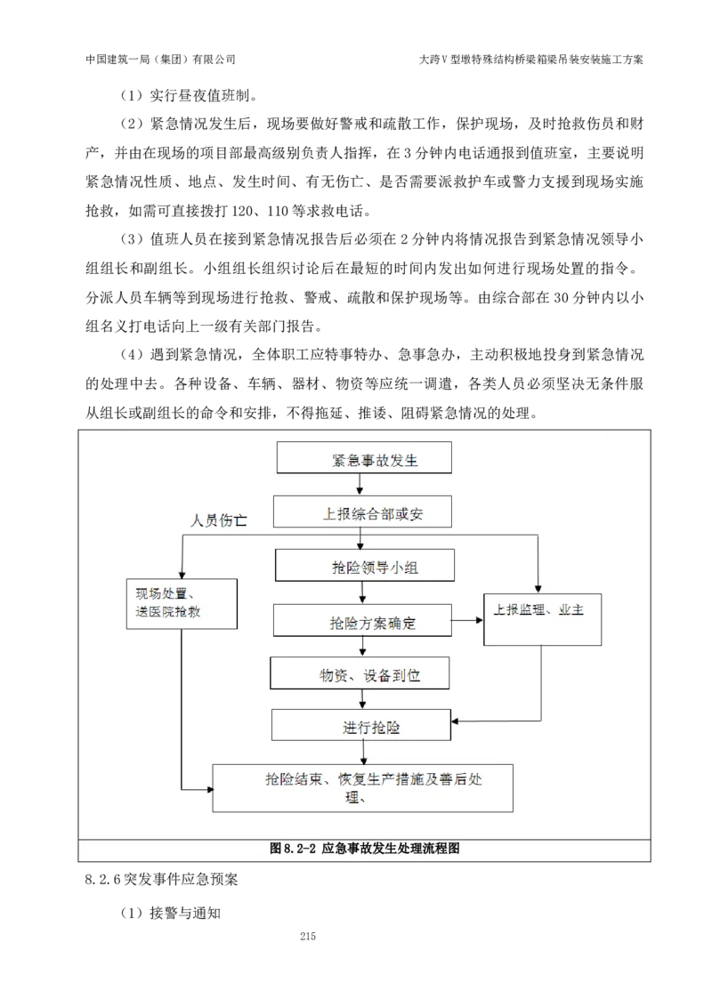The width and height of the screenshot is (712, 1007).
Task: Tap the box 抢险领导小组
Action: tap(365, 565)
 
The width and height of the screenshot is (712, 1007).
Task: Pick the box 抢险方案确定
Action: tap(363, 621)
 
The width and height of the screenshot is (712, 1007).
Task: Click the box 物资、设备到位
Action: tap(360, 673)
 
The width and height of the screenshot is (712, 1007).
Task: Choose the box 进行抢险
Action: tap(360, 725)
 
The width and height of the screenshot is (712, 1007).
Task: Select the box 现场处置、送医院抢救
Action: tap(182, 604)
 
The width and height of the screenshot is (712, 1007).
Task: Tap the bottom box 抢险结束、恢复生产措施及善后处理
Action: tap(362, 786)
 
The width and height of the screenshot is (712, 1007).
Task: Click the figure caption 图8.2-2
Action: tap(294, 849)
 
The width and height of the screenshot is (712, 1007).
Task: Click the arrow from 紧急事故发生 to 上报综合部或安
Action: tap(360, 484)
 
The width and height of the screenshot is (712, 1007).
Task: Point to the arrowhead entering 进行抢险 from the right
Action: tap(456, 720)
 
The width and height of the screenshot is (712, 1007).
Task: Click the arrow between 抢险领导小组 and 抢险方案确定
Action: tap(361, 592)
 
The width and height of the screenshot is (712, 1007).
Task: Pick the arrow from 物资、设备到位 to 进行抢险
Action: tap(362, 698)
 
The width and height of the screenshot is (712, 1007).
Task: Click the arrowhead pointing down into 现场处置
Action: tap(182, 573)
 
